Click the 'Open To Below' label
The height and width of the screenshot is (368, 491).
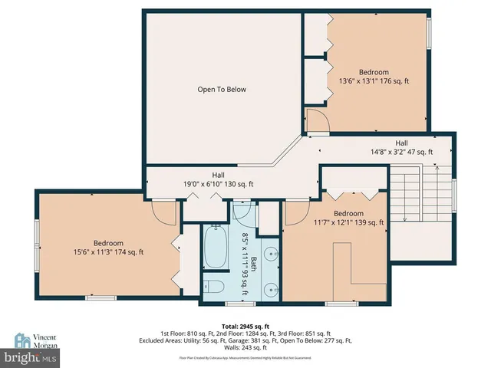(x=222, y=90)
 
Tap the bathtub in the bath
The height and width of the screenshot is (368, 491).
(x=216, y=250)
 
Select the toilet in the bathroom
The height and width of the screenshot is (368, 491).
(x=216, y=287)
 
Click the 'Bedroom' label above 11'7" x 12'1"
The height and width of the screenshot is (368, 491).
(x=348, y=213)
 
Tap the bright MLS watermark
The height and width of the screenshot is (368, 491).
(x=31, y=358)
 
